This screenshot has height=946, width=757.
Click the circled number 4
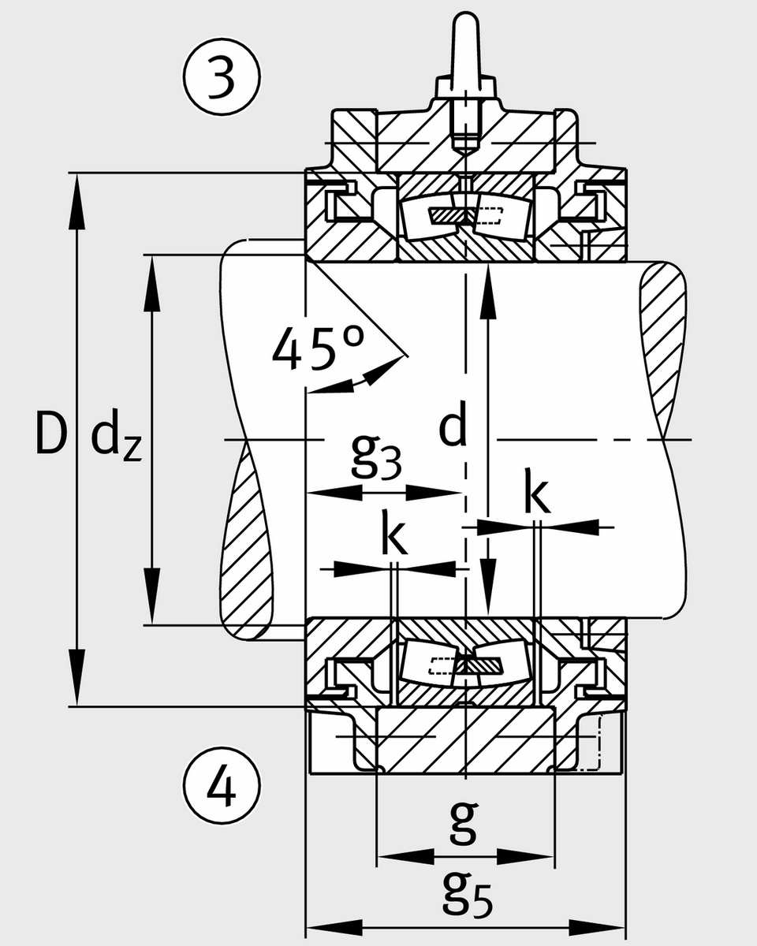coord(222,788)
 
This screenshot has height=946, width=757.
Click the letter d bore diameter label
coord(453,428)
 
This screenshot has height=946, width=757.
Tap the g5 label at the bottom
coord(466,896)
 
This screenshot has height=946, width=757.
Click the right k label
coord(537,494)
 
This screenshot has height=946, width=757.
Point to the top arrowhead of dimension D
coord(76,197)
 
